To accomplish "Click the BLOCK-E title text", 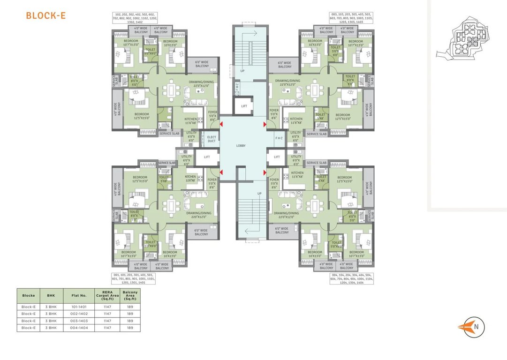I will tap(45, 15).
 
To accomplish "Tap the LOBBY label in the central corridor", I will tap(241, 146).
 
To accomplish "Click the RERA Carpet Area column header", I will tap(106, 296).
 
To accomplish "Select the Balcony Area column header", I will tap(130, 296).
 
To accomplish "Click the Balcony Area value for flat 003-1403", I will tap(130, 321).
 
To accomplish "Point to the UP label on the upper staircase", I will tap(242, 71).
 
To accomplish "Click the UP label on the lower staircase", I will tap(259, 193).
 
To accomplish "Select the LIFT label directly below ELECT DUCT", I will tap(206, 157).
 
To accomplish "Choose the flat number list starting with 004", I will tap(352, 279).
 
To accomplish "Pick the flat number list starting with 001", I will tap(134, 279).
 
